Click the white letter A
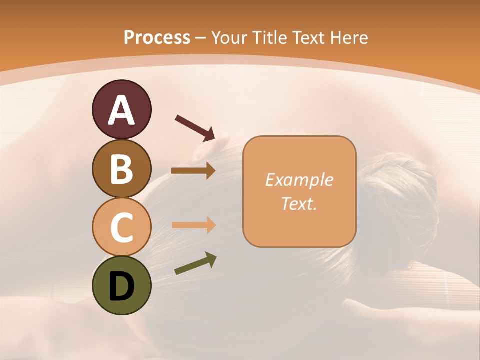122,110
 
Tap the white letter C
122,227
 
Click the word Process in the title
157,37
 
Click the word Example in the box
299,180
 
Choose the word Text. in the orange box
299,203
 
